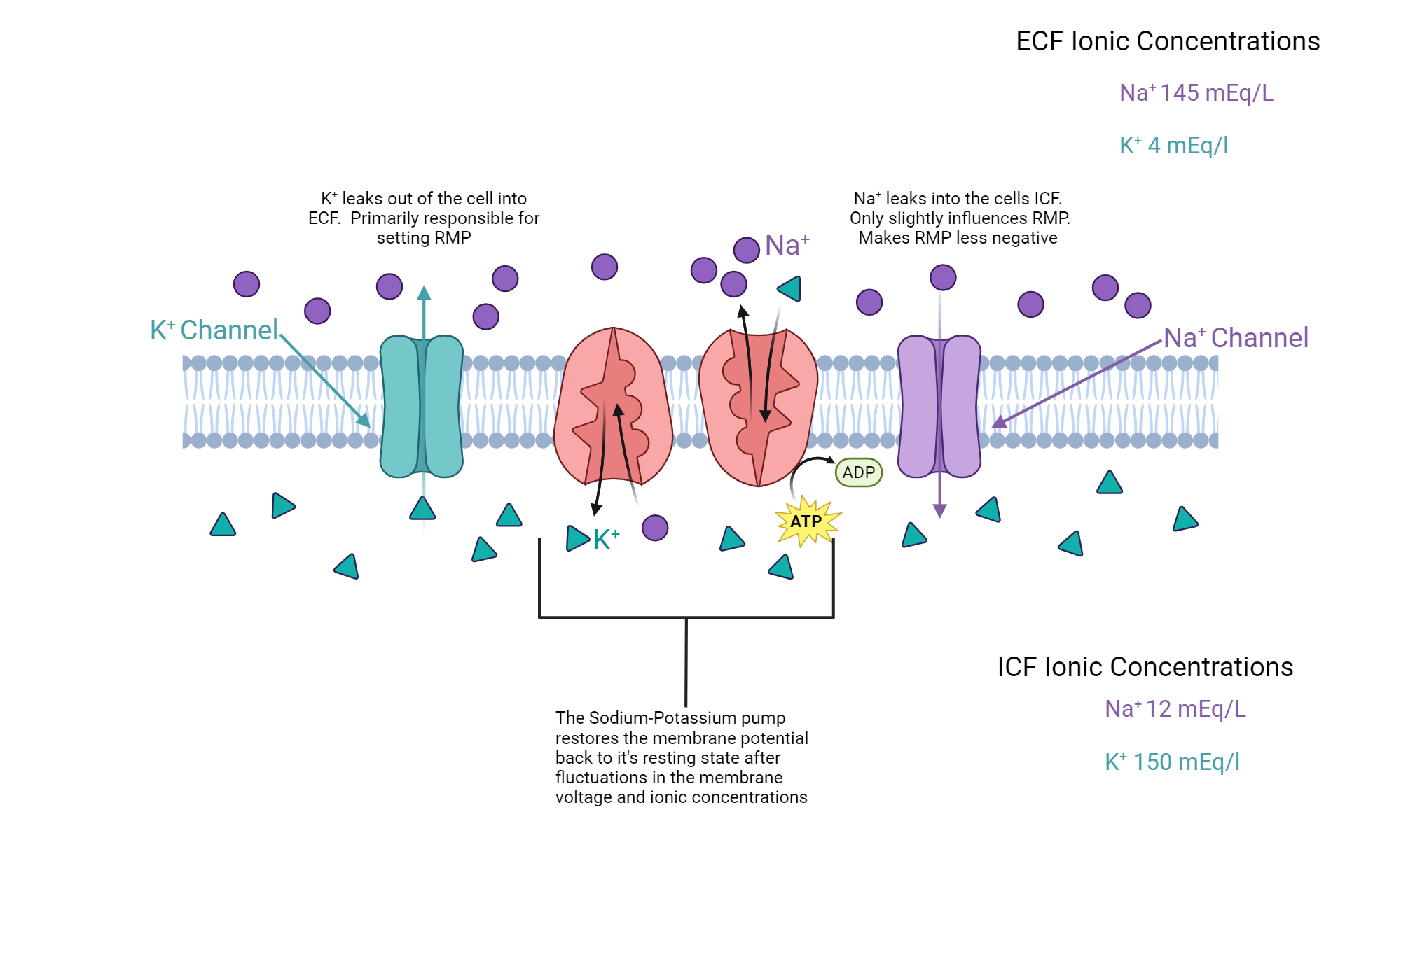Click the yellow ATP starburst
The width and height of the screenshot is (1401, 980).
(807, 521)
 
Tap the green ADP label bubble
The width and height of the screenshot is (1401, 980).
(858, 472)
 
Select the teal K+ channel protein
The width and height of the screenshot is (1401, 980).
(421, 407)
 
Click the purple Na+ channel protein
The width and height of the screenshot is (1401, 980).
(939, 407)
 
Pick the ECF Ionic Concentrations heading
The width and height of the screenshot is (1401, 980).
(1168, 41)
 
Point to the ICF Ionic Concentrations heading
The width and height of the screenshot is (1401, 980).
(1145, 667)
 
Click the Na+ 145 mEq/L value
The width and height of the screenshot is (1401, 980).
(1196, 93)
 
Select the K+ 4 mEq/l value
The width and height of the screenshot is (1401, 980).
(1173, 146)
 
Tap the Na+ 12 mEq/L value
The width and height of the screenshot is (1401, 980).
(1175, 709)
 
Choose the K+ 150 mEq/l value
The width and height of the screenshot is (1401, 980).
(1172, 762)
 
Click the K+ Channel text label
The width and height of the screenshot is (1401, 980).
(214, 330)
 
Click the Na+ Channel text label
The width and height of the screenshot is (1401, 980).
(1236, 338)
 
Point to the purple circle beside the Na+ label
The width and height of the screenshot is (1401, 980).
(747, 250)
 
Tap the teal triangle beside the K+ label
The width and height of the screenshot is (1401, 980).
(577, 538)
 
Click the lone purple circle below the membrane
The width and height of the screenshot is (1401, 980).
(655, 528)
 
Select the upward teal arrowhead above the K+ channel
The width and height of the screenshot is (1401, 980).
(424, 293)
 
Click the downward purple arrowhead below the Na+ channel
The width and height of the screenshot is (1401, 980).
(940, 511)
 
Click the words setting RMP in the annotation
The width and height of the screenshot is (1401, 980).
(424, 238)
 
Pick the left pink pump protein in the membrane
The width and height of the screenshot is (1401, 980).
(613, 407)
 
